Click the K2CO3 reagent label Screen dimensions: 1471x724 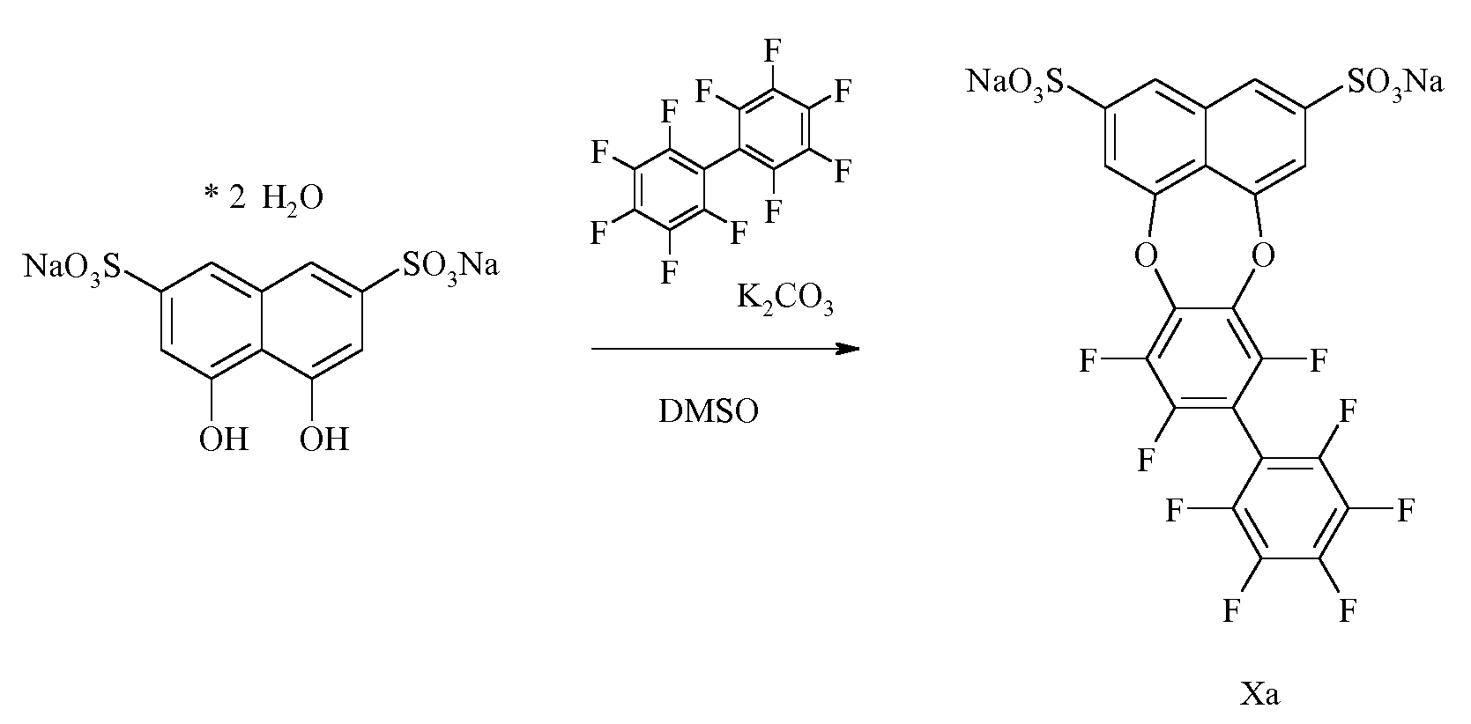[x=784, y=299]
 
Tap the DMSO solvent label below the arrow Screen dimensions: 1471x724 [x=709, y=411]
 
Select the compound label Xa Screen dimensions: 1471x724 [x=1260, y=693]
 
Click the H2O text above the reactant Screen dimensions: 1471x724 [x=293, y=197]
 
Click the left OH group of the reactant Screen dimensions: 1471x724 [x=224, y=439]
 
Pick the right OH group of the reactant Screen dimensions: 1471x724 [x=324, y=439]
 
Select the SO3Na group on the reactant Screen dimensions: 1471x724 [x=450, y=267]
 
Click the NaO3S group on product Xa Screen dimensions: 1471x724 [x=1016, y=84]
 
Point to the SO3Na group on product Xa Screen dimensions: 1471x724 [x=1395, y=84]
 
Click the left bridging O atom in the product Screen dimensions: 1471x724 [x=1145, y=256]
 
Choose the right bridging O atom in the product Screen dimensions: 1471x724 [x=1262, y=256]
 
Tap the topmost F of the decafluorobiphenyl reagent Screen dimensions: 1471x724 [x=772, y=50]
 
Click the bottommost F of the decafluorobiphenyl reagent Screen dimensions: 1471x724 [x=669, y=271]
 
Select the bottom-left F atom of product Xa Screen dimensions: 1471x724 [x=1231, y=610]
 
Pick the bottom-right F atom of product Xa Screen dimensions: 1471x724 [x=1348, y=610]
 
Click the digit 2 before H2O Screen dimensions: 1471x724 [x=237, y=197]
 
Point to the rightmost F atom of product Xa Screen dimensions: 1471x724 [x=1405, y=509]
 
